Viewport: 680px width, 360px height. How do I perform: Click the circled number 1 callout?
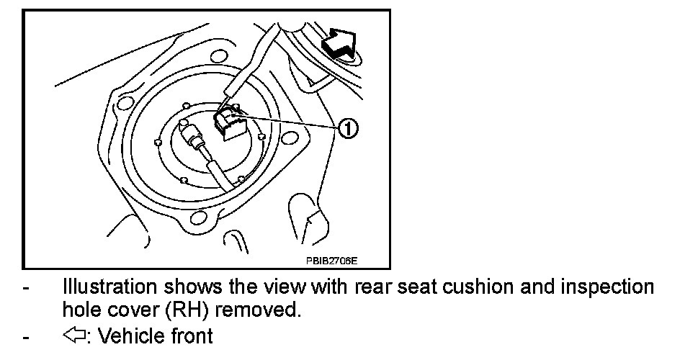[348, 130]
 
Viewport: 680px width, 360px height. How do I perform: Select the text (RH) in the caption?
[187, 311]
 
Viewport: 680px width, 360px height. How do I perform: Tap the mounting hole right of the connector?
[291, 138]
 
